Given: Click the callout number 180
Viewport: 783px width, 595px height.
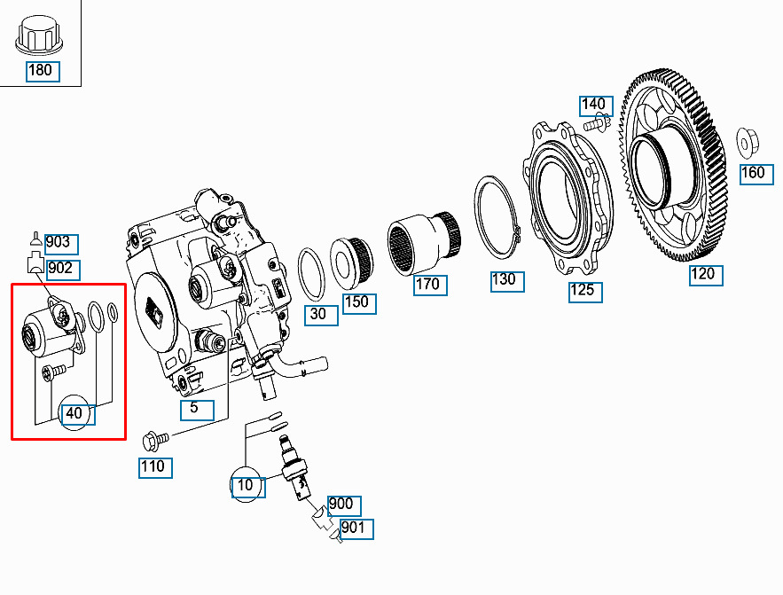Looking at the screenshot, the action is [43, 71].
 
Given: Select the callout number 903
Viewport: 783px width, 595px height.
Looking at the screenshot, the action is [61, 244].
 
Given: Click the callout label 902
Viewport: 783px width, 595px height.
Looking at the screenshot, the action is [64, 270].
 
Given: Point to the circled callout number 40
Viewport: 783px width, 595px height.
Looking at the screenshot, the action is [76, 414].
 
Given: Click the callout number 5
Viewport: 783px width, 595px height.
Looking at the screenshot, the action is [197, 410].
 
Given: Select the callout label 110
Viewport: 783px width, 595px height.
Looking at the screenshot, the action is [155, 467].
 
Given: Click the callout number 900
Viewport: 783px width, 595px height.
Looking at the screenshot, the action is [344, 505].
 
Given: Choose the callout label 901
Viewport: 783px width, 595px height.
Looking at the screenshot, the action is [356, 529].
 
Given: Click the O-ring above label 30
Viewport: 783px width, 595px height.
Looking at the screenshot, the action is [311, 275].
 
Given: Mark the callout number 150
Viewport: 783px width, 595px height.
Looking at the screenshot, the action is [359, 303].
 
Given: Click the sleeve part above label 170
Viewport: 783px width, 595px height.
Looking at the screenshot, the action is [425, 243].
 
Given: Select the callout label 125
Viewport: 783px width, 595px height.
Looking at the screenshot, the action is [585, 292].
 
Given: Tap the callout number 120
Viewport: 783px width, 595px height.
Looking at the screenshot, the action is [706, 276].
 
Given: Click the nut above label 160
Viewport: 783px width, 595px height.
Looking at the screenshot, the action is [748, 141].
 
